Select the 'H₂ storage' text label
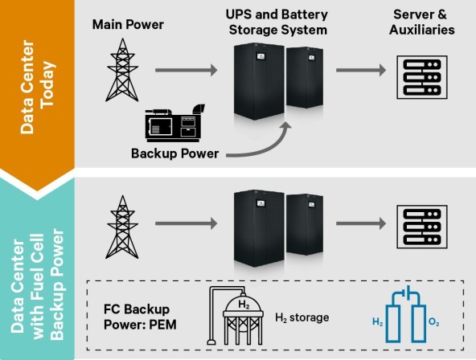click(x=302, y=317)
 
